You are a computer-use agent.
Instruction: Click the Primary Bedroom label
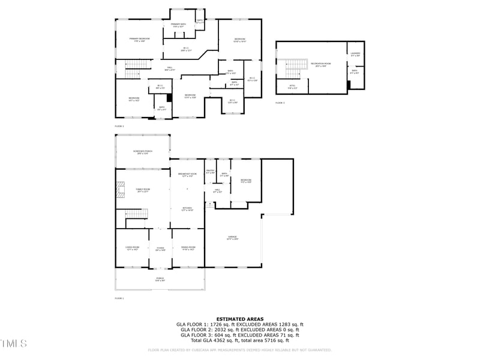[139, 40]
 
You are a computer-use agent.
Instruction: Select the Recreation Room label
[318, 65]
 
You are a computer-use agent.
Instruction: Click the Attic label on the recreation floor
[292, 87]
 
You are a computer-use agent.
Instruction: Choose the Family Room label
[143, 190]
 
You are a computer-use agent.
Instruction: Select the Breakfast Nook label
[187, 175]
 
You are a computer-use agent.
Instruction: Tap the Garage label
[232, 238]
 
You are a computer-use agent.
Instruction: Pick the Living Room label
[133, 248]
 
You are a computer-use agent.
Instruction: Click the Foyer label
[160, 248]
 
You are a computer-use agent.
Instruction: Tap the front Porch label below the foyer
[160, 279]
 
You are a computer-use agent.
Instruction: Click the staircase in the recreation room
[293, 68]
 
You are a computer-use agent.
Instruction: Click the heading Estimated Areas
[240, 319]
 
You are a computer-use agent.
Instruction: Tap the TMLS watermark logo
[14, 344]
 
